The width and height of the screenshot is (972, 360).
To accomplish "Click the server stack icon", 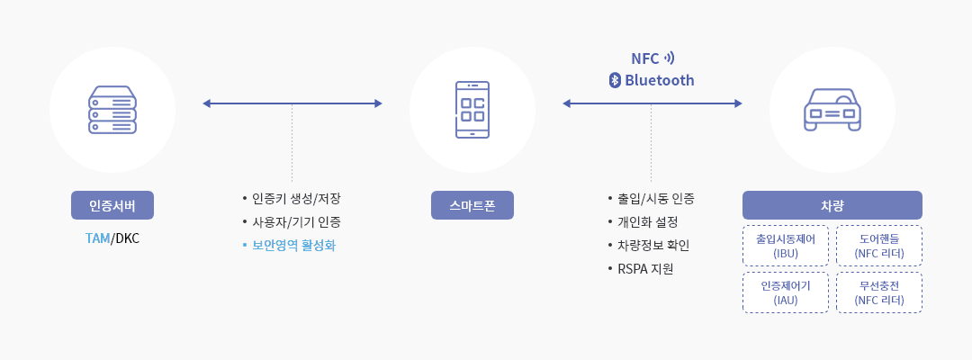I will click(x=112, y=110).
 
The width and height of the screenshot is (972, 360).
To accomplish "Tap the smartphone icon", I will click(x=472, y=110).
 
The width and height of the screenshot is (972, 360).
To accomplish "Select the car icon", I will click(x=832, y=110).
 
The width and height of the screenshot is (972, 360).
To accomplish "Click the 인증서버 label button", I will click(x=112, y=205).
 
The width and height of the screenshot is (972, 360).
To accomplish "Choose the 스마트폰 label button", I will click(x=472, y=205).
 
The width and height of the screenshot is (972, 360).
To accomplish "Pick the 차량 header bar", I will click(x=832, y=205).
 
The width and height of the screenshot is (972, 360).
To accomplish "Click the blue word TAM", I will click(x=97, y=238).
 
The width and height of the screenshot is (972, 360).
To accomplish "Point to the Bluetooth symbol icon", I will click(x=616, y=80).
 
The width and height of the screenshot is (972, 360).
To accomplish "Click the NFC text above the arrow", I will click(x=645, y=58).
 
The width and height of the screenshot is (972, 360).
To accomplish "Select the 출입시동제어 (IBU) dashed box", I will click(x=786, y=246).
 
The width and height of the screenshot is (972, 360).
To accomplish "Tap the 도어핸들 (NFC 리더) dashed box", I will click(x=879, y=246).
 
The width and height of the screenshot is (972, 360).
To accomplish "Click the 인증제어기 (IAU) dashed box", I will click(x=786, y=292).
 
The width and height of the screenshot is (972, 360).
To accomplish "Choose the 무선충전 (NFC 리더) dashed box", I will click(x=879, y=292).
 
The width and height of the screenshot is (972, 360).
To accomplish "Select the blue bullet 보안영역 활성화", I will click(x=293, y=245).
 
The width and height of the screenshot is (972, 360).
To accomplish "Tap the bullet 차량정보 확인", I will click(x=653, y=245).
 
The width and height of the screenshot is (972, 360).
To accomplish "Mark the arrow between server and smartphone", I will click(x=292, y=103).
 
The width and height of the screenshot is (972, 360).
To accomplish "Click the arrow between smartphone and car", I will click(x=652, y=103).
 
